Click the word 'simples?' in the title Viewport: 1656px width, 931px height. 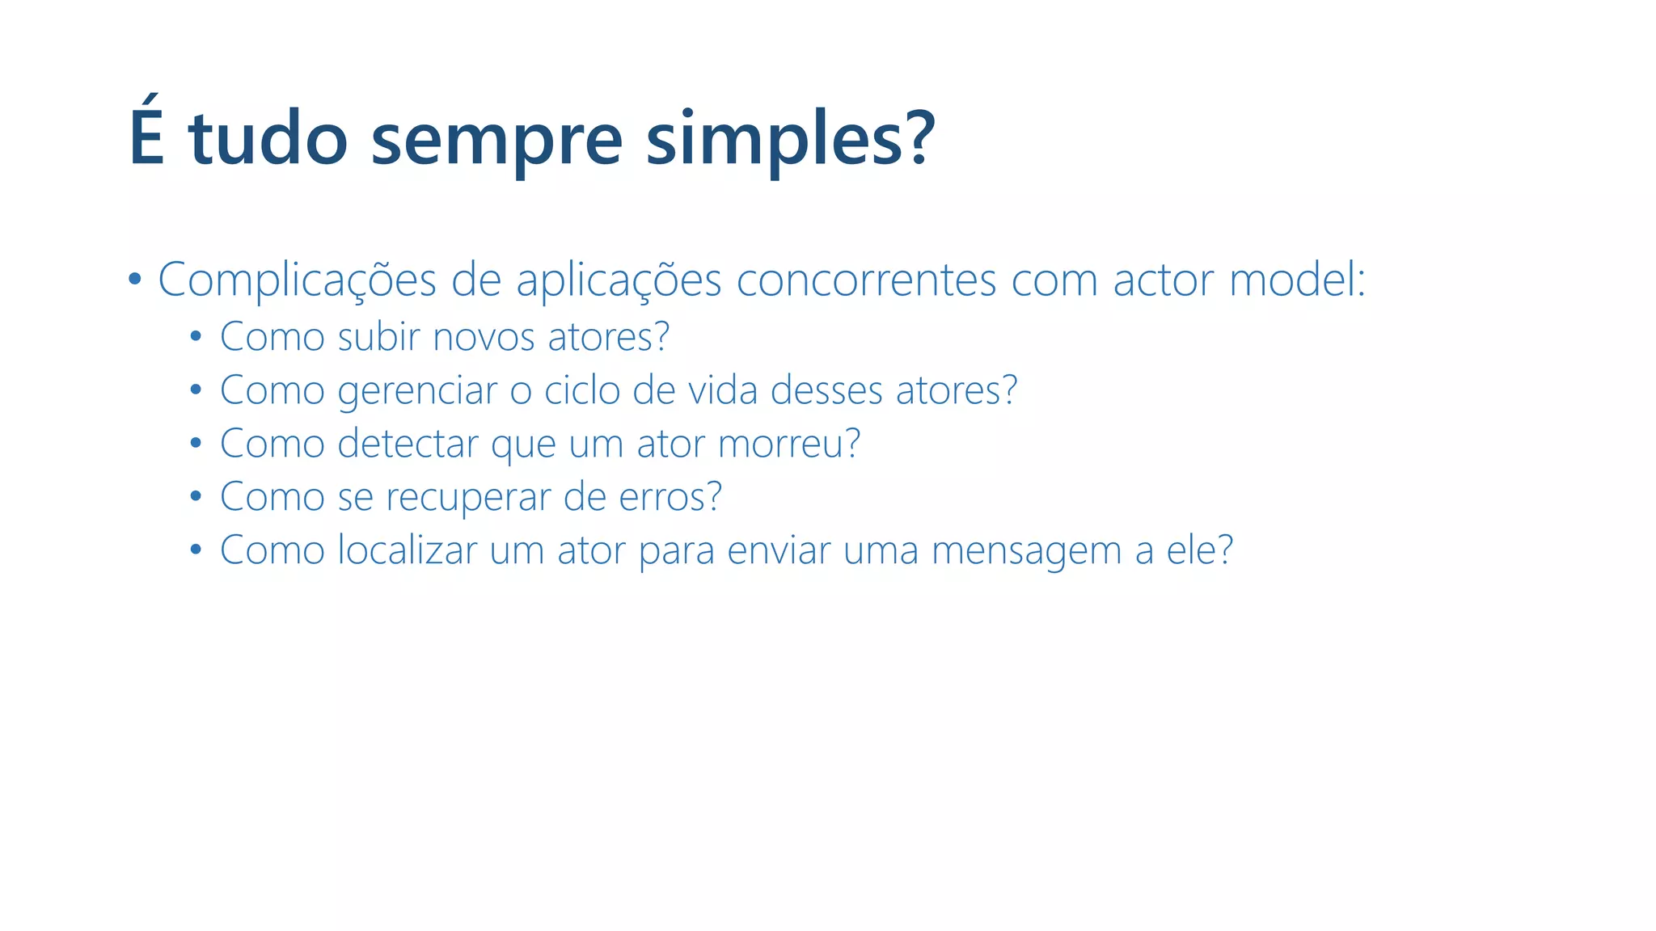790,139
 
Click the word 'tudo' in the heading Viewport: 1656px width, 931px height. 268,139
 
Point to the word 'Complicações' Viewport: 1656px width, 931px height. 297,281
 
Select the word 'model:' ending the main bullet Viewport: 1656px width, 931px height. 1297,280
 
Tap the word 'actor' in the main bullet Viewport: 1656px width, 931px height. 1163,280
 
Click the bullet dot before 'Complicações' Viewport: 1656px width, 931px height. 134,280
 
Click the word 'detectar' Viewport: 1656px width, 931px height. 408,444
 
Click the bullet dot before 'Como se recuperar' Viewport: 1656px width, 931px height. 196,496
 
